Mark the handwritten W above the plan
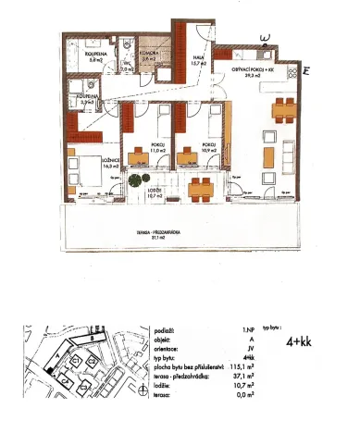click(267, 38)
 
